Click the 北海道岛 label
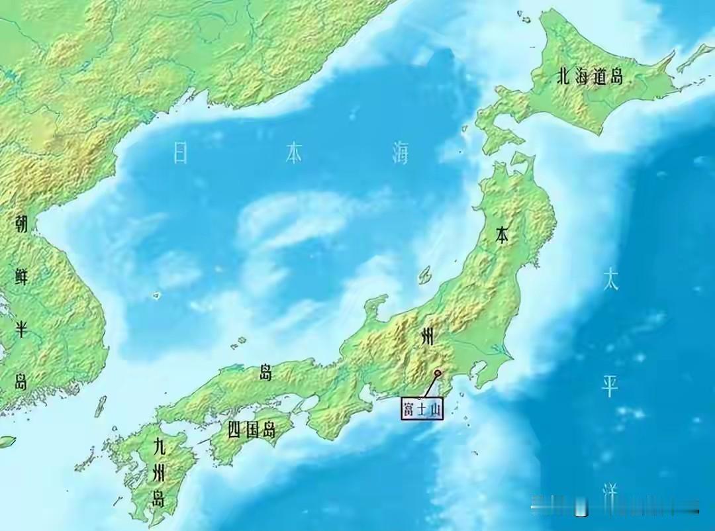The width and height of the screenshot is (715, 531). pyautogui.click(x=590, y=77)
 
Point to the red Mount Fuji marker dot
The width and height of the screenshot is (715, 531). pyautogui.click(x=438, y=373)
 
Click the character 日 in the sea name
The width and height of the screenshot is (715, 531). pyautogui.click(x=181, y=152)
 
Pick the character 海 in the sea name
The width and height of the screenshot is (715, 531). pyautogui.click(x=399, y=153)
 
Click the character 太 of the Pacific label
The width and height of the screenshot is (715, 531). pyautogui.click(x=610, y=281)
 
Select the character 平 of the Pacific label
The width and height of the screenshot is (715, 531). pyautogui.click(x=610, y=387)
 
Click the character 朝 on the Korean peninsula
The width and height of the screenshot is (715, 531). pyautogui.click(x=22, y=224)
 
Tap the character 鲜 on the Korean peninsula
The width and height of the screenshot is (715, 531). pyautogui.click(x=22, y=276)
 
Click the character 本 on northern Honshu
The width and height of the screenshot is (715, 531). pyautogui.click(x=502, y=234)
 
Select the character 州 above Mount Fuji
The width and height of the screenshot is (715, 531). pyautogui.click(x=428, y=336)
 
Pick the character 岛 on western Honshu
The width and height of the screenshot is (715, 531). pyautogui.click(x=265, y=373)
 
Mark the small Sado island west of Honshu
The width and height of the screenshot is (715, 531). pyautogui.click(x=425, y=275)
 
